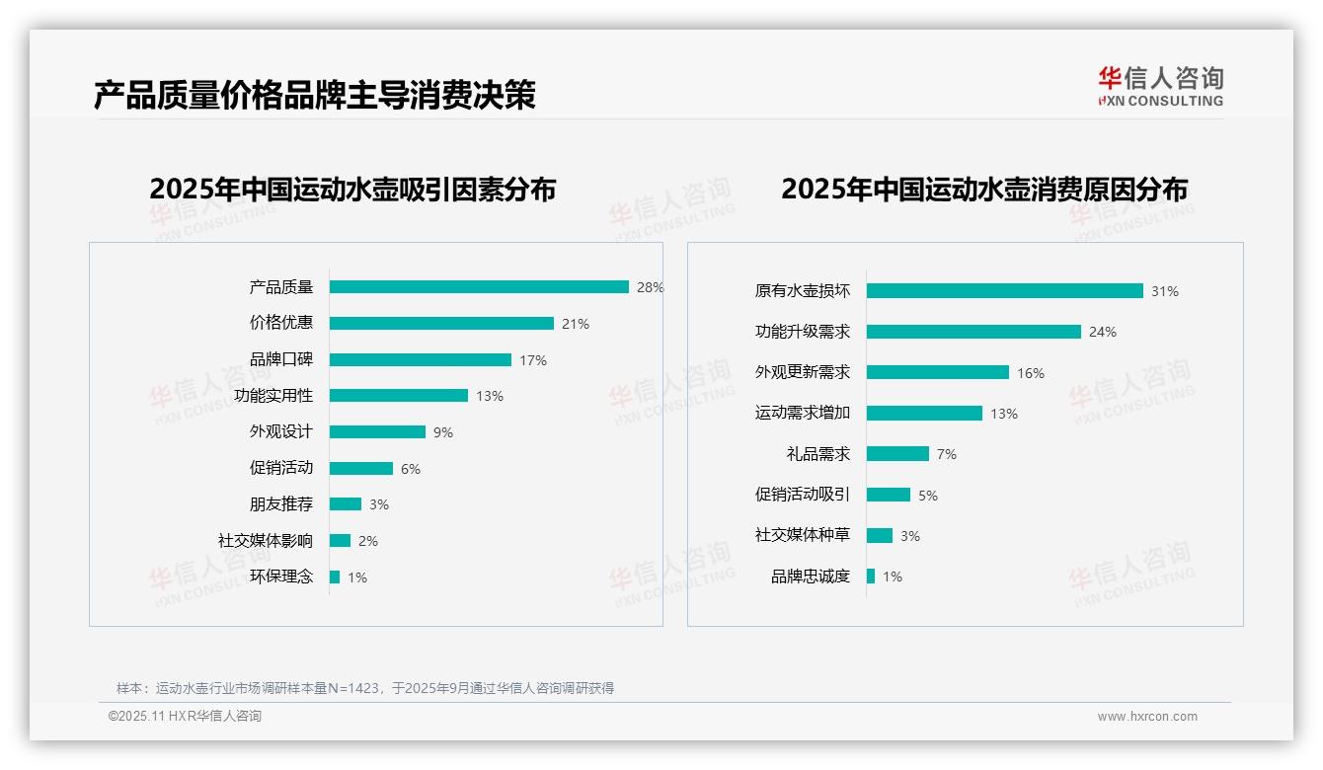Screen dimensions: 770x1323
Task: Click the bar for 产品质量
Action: pos(479,287)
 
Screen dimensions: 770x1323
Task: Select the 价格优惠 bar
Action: pos(441,324)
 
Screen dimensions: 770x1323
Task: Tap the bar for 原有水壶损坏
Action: pos(1004,291)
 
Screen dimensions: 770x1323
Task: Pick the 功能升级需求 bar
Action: pos(973,332)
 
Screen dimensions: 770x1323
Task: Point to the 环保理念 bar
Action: pos(335,577)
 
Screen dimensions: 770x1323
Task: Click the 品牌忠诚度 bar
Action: pos(871,577)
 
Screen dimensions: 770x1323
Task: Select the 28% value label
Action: pos(650,287)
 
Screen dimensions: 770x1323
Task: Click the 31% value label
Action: pos(1164,291)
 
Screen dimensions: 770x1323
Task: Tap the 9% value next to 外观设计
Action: pos(442,432)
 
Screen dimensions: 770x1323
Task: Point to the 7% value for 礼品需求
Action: pos(946,454)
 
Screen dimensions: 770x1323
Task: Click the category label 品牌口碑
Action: pos(280,359)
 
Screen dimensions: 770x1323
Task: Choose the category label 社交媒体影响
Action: pos(265,541)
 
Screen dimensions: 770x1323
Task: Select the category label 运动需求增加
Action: pos(802,413)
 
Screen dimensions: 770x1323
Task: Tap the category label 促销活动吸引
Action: pos(802,495)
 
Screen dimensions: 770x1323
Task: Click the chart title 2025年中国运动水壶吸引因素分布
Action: pos(352,190)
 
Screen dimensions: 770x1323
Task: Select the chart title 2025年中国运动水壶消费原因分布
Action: pos(983,190)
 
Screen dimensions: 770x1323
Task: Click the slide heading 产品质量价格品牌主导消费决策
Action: pos(314,95)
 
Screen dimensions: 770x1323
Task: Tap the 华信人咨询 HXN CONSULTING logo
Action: pos(1160,86)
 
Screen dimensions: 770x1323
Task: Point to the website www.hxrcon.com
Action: pos(1147,717)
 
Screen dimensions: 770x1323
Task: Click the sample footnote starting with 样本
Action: pos(365,688)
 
